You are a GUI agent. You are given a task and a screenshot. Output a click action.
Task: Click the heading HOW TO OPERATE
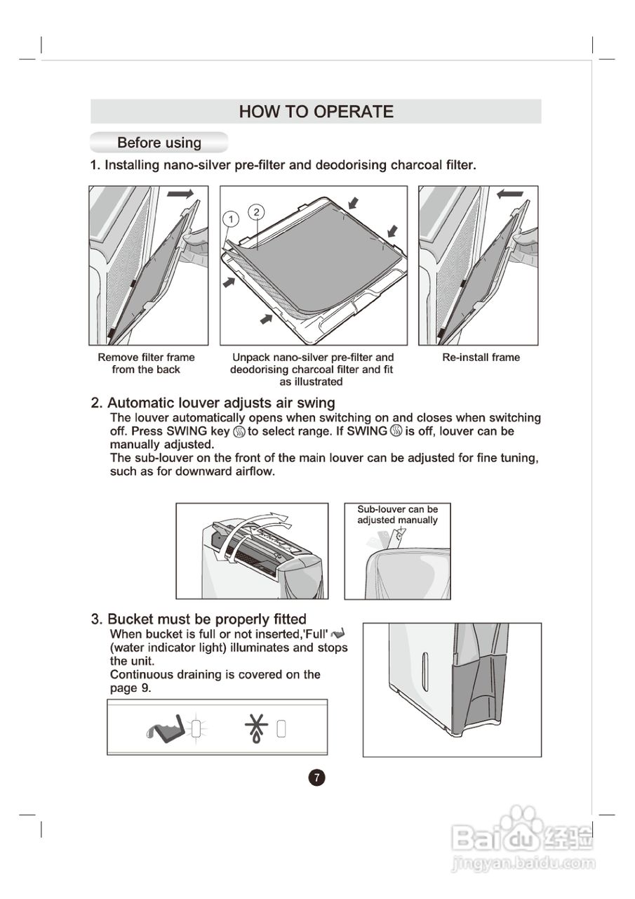[316, 112]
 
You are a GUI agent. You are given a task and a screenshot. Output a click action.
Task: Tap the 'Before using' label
[159, 143]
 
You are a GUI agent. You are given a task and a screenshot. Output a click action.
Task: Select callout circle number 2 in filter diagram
[257, 211]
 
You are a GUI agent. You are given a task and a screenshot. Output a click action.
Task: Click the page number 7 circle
[317, 777]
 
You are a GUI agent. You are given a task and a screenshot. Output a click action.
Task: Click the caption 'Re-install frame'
[481, 357]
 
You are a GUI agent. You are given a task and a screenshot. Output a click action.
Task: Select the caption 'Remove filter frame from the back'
[146, 363]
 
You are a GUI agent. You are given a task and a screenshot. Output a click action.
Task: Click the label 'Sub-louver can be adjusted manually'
[397, 515]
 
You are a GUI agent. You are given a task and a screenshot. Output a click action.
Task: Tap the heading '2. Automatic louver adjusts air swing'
[213, 403]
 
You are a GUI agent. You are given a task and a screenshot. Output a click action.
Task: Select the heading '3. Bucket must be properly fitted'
[199, 619]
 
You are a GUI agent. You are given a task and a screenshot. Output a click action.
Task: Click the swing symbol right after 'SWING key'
[239, 431]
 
